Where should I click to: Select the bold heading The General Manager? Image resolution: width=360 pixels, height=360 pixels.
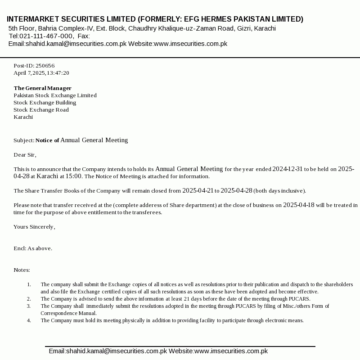point(42,88)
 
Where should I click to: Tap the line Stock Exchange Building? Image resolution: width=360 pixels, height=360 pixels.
point(45,103)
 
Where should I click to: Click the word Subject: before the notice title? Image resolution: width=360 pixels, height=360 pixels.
point(24,140)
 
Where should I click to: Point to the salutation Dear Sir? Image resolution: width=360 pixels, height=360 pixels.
point(25,155)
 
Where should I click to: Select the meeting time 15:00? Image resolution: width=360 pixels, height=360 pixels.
point(74,176)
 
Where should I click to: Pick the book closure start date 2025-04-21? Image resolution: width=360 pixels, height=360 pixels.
point(198,190)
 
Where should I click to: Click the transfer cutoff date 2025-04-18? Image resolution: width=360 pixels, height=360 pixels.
point(299,205)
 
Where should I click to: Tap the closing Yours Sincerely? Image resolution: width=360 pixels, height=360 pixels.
point(34,227)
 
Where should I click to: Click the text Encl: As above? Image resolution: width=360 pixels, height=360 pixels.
point(33,248)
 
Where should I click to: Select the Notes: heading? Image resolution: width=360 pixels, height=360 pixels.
point(22,270)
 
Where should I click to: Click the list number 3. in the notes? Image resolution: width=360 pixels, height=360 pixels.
point(29,306)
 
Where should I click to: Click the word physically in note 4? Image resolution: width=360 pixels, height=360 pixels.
point(133,320)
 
